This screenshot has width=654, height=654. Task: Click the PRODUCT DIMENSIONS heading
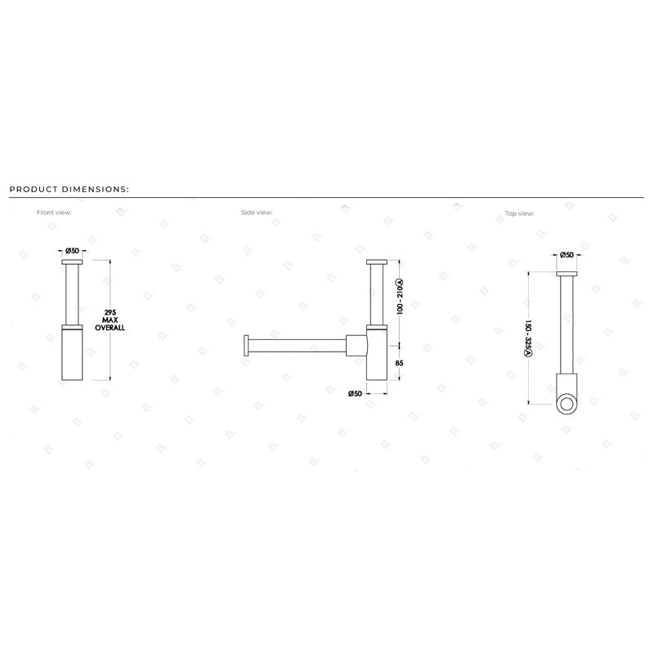click(x=69, y=189)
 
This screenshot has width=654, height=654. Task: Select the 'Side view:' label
click(x=257, y=212)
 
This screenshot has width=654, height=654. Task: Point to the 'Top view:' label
click(x=520, y=213)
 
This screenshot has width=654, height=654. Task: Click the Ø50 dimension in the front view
click(x=71, y=250)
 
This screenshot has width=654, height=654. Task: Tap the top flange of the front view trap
click(x=72, y=262)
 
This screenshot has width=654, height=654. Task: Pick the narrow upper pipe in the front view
click(x=72, y=294)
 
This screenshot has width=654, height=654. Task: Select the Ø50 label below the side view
click(x=355, y=393)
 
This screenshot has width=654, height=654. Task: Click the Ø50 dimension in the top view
click(x=566, y=256)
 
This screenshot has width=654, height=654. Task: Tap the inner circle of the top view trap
click(x=566, y=402)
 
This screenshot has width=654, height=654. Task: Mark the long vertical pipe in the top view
click(x=566, y=323)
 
